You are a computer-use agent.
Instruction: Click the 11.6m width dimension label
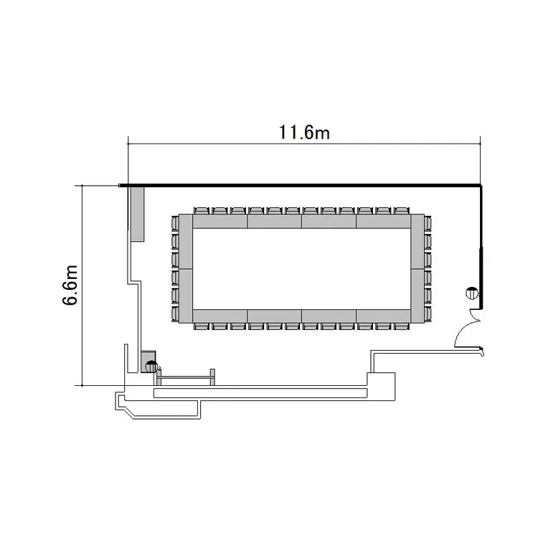point(304,133)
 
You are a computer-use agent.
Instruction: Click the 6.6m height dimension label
point(70,285)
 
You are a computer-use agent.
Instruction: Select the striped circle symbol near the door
point(472,293)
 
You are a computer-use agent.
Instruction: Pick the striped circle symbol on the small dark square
point(151,367)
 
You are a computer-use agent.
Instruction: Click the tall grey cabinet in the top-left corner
point(138,214)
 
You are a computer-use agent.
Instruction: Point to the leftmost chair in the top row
point(201,211)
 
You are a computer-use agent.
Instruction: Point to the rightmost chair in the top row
point(401,211)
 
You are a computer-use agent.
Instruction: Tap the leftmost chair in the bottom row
point(201,326)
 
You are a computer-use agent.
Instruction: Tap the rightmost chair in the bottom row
point(401,326)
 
